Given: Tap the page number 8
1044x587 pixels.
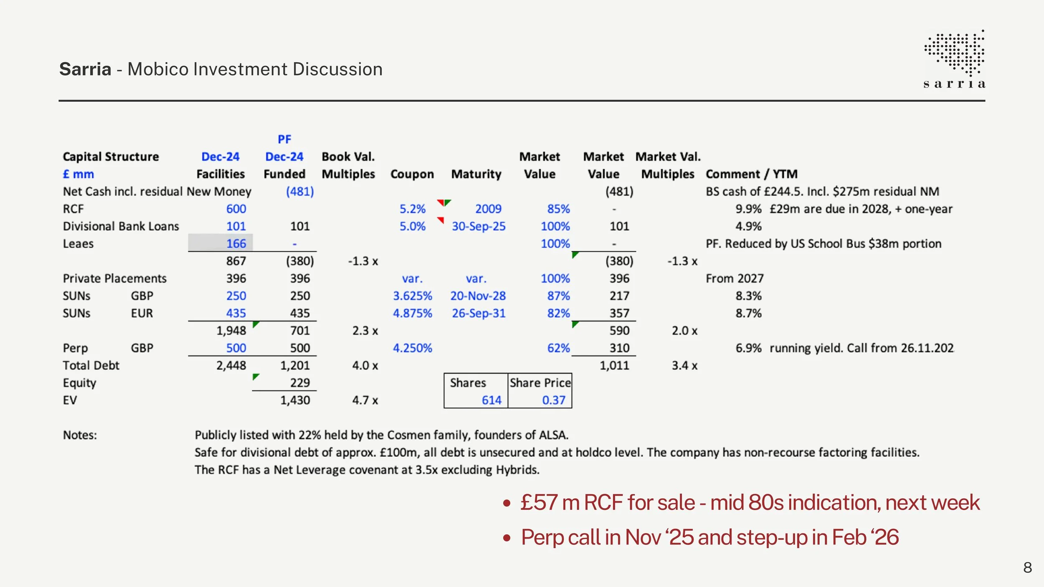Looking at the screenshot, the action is click(x=1028, y=568).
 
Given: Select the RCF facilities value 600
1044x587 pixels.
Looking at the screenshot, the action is click(x=236, y=209).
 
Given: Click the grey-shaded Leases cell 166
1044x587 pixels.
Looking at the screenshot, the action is click(x=220, y=243).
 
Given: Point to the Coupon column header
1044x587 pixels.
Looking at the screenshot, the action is click(x=412, y=174).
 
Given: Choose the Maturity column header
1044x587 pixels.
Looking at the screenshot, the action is click(x=476, y=174).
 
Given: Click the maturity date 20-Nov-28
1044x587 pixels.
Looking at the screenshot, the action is click(x=478, y=296).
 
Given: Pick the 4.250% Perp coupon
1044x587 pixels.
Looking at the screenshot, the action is click(x=412, y=348).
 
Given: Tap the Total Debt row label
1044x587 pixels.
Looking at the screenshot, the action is click(x=91, y=366).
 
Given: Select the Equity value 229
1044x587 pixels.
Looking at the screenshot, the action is click(x=300, y=383).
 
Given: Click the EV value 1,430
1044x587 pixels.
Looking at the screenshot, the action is click(x=295, y=400).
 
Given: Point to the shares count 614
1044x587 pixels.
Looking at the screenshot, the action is click(x=492, y=400).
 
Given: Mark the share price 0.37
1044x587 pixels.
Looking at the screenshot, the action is click(x=554, y=400).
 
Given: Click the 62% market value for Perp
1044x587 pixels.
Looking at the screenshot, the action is click(x=558, y=348).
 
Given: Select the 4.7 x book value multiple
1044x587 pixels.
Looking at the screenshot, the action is click(x=365, y=400).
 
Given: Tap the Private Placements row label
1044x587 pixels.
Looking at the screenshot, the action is click(x=114, y=278).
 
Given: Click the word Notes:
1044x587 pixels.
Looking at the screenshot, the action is click(x=80, y=435).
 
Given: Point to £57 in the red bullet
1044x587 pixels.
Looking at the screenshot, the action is click(x=539, y=502).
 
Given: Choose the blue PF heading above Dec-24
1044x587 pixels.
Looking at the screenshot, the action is click(x=284, y=139).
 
